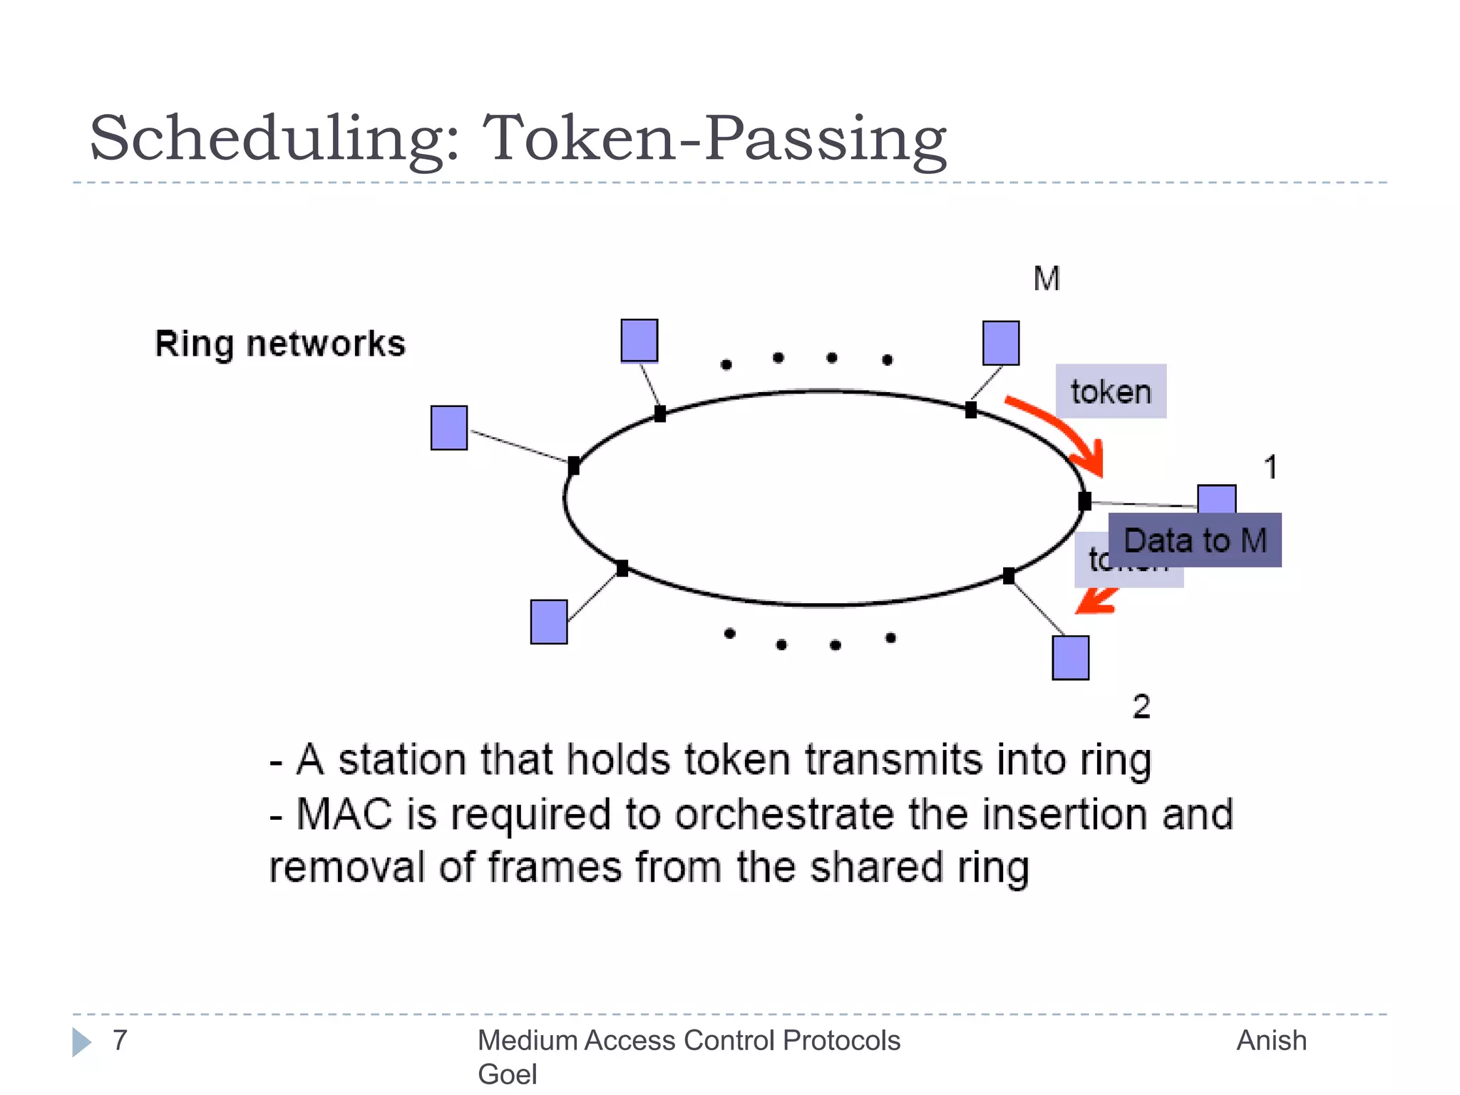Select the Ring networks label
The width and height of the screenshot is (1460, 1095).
[x=280, y=344]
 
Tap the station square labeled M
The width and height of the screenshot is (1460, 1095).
[x=1000, y=343]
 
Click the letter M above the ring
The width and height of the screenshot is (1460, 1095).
[x=1047, y=279]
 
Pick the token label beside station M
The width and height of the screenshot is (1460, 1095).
[x=1111, y=391]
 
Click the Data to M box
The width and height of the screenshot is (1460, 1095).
[x=1195, y=540]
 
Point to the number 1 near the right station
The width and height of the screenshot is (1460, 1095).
[x=1270, y=468]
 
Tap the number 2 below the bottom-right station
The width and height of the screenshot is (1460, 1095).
[x=1141, y=706]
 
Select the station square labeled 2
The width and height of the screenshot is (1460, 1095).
[x=1070, y=657]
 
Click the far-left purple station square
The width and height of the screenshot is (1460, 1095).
[x=449, y=428]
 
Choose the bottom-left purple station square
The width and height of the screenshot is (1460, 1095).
[x=549, y=622]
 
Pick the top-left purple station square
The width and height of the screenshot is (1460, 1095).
[x=639, y=341]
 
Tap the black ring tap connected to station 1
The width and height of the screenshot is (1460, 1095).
[x=1084, y=501]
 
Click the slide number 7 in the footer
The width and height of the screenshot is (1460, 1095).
[x=120, y=1040]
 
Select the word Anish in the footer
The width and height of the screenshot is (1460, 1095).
[x=1271, y=1041]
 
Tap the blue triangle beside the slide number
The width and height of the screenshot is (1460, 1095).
[x=81, y=1042]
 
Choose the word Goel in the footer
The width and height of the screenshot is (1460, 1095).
[x=507, y=1074]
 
